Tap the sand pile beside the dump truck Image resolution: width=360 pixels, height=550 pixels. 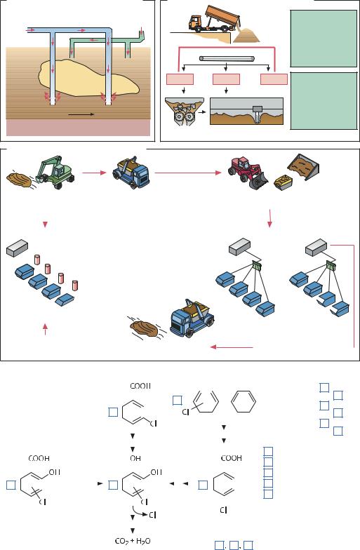tap(247, 35)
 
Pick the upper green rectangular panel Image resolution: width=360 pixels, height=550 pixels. tap(324, 38)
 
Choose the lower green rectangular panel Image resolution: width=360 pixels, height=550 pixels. tap(324, 101)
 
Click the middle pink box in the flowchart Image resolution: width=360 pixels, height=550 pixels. tap(226, 79)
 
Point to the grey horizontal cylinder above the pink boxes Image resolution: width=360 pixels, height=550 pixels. tap(227, 58)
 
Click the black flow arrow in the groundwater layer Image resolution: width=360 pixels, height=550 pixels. tap(81, 114)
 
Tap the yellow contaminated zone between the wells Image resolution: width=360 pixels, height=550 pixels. tap(88, 79)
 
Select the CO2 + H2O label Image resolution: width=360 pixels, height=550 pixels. tap(133, 542)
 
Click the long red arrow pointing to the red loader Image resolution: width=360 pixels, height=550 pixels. tap(188, 173)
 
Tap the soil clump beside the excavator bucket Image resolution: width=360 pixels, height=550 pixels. tap(20, 177)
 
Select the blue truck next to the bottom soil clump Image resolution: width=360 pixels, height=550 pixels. tap(192, 318)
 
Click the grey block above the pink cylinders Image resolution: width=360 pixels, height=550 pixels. tap(17, 247)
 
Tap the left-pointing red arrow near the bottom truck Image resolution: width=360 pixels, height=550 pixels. tap(232, 347)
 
